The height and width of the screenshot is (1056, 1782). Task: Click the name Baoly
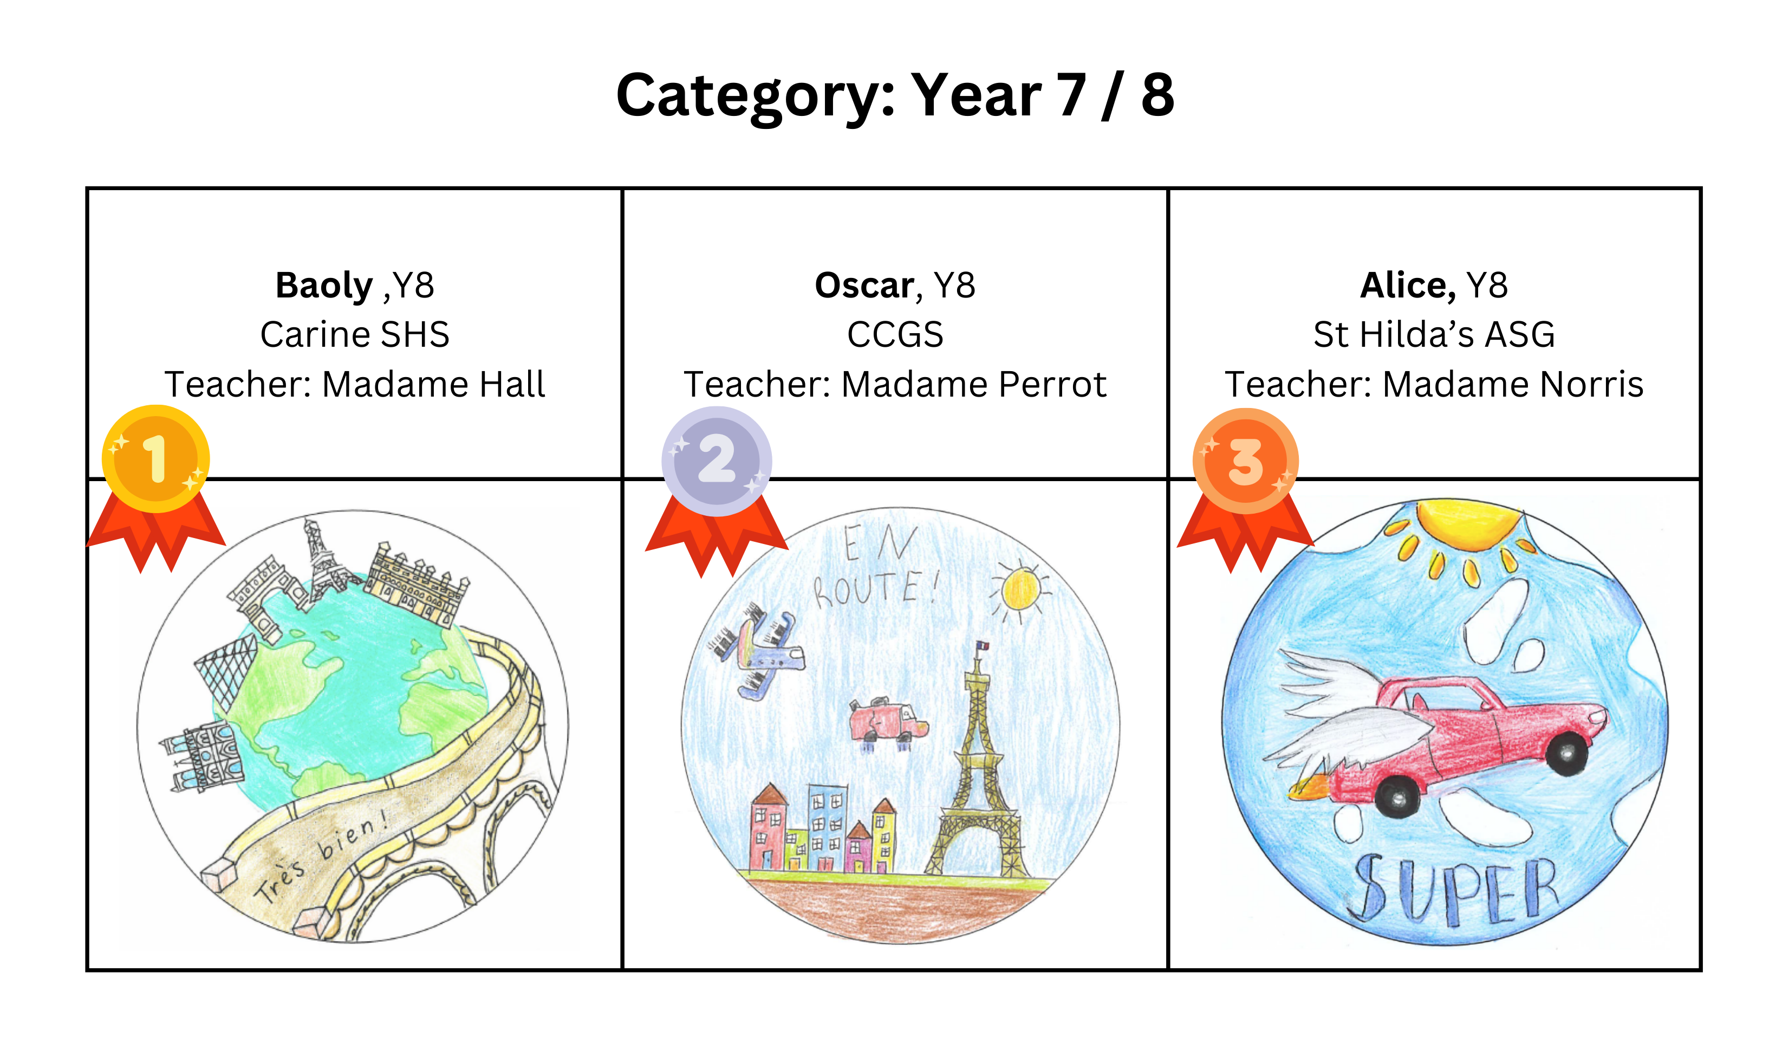coord(324,286)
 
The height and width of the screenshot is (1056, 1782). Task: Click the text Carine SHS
coord(355,334)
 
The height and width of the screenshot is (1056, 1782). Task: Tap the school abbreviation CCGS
coord(895,334)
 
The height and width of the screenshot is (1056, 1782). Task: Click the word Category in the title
coord(756,96)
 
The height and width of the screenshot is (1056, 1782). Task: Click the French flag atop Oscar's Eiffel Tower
coord(983,645)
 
